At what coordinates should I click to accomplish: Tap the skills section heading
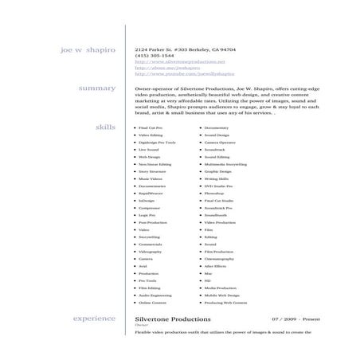pyautogui.click(x=105, y=127)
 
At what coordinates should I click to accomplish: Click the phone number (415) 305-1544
pyautogui.click(x=152, y=55)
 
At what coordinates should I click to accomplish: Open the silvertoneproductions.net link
pyautogui.click(x=180, y=61)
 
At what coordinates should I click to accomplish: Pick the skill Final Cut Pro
pyautogui.click(x=151, y=128)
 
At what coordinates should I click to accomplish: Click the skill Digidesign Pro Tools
pyautogui.click(x=155, y=143)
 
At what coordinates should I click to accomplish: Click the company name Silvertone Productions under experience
pyautogui.click(x=173, y=319)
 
